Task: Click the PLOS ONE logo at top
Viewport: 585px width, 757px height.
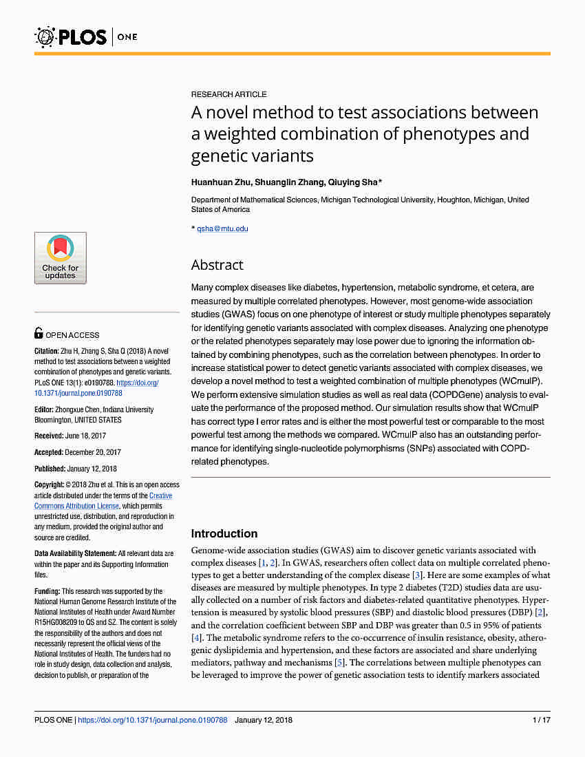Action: click(86, 36)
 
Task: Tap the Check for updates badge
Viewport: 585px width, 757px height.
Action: click(61, 258)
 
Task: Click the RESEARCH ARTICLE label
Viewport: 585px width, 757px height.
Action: click(228, 94)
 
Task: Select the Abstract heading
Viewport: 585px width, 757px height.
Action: click(217, 265)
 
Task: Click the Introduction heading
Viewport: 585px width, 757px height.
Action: click(224, 533)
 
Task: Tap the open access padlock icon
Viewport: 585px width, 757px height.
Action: click(39, 334)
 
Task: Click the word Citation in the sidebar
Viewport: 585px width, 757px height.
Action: click(47, 350)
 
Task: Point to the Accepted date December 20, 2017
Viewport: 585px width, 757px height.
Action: click(92, 452)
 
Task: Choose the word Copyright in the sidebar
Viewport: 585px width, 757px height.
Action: click(49, 485)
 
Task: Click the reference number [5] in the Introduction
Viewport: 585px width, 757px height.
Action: click(339, 663)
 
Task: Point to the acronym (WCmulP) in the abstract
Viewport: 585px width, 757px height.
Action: click(522, 380)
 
